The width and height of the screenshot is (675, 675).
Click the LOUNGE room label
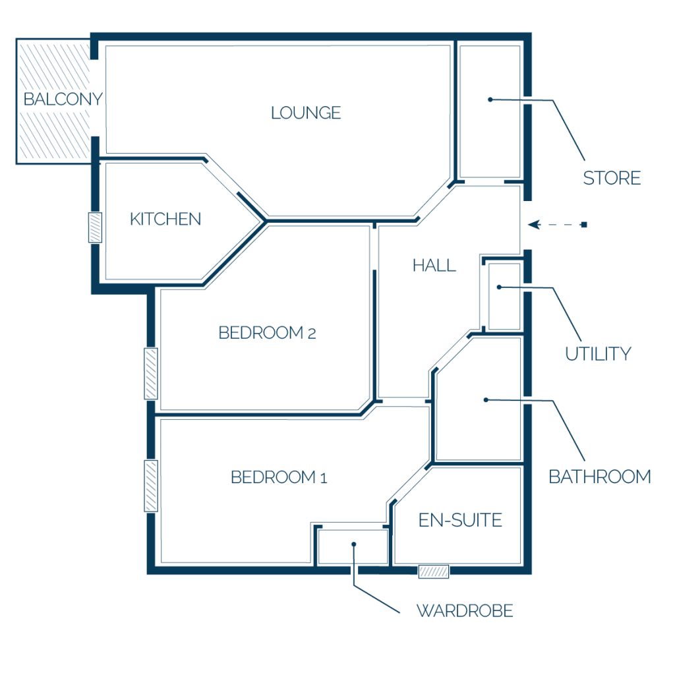tap(306, 113)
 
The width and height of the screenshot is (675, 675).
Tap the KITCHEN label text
tap(165, 219)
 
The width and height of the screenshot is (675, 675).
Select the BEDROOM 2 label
tap(268, 333)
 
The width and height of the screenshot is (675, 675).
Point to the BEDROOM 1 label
tap(279, 477)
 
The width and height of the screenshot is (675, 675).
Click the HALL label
tap(434, 266)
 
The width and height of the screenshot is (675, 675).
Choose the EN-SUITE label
tap(460, 520)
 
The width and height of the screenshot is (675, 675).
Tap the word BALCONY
tap(63, 99)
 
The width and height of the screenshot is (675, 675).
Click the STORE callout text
tap(612, 178)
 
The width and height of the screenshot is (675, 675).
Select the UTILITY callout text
tap(598, 354)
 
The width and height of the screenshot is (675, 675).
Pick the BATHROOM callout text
tap(600, 477)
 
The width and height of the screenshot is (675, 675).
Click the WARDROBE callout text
tap(465, 611)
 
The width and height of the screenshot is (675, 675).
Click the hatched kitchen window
tap(95, 227)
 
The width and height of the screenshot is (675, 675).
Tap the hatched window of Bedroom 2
tap(151, 374)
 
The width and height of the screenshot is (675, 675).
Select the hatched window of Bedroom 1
tap(151, 486)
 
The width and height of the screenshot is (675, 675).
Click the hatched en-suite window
tap(434, 572)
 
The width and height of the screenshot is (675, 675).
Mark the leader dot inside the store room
tap(490, 100)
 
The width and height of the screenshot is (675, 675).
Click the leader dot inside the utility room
tap(500, 287)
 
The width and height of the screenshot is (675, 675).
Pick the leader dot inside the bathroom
tap(486, 400)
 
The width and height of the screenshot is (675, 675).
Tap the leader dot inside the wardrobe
tap(354, 544)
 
